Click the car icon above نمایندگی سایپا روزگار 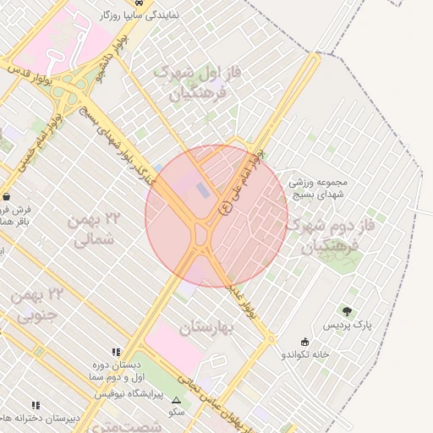150,3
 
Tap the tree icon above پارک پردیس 347,311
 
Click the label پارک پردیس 346,325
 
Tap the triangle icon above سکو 176,400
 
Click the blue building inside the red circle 201,189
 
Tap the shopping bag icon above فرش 7,195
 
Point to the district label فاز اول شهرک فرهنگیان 188,84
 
